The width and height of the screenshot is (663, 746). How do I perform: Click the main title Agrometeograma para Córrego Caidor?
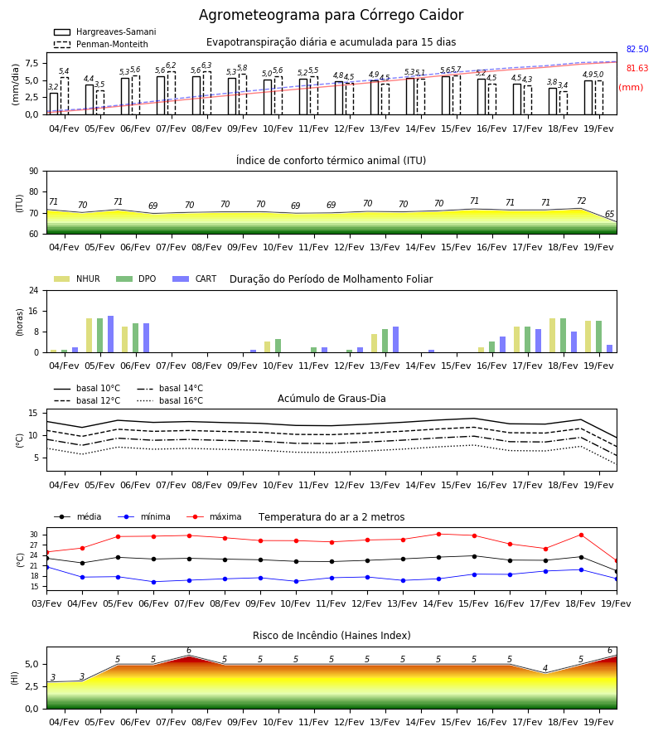(331, 15)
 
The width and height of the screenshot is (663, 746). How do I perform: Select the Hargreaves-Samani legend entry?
(105, 31)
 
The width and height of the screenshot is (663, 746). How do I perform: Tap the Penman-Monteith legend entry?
(101, 44)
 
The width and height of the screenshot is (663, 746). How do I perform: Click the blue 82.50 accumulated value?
(637, 49)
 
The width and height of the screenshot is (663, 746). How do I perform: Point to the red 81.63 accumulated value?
(637, 68)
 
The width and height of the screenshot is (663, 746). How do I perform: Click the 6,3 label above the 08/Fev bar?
(206, 65)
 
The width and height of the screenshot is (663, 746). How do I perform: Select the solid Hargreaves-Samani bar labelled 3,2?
(54, 104)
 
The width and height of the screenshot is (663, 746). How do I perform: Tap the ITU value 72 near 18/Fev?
(581, 201)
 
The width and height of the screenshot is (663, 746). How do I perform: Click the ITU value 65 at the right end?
(609, 214)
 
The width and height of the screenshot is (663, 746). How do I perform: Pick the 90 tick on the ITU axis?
(34, 172)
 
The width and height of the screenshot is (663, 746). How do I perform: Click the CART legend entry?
(195, 279)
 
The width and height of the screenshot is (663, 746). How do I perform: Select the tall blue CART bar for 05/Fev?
(111, 335)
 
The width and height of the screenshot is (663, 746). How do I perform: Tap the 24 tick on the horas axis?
(34, 290)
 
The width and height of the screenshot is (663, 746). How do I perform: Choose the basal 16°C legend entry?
(170, 400)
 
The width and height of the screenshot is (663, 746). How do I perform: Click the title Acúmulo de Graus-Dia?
(331, 399)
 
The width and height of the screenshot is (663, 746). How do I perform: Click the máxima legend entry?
(215, 516)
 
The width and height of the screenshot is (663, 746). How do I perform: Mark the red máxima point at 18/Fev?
(581, 535)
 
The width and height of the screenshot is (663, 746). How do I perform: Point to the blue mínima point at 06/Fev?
(153, 583)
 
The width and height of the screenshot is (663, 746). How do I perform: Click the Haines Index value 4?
(545, 668)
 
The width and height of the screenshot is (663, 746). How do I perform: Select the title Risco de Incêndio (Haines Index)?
(331, 636)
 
